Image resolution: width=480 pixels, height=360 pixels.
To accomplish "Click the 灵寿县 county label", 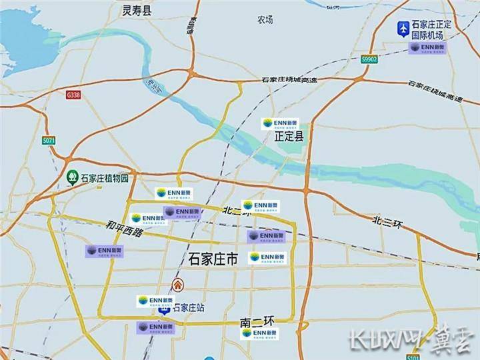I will click(138, 10).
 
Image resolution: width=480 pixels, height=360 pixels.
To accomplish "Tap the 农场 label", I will click(265, 20).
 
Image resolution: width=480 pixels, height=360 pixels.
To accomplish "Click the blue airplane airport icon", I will click(403, 29).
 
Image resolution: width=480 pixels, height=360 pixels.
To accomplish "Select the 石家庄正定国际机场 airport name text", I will click(432, 29).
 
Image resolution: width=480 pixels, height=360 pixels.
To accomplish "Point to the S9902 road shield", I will click(369, 59).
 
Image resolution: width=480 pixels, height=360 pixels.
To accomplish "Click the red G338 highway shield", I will click(73, 95).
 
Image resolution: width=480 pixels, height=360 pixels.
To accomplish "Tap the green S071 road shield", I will click(48, 141).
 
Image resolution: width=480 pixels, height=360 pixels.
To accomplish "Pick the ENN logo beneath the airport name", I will click(427, 48).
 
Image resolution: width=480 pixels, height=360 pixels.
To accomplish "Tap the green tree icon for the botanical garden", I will click(72, 177).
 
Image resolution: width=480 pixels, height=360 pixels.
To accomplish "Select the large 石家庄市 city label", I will click(213, 259).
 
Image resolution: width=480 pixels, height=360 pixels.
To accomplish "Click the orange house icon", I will click(177, 285).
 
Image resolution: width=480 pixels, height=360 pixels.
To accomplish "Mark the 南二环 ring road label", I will click(257, 322).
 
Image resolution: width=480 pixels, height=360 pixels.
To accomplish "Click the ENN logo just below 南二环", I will click(260, 333).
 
